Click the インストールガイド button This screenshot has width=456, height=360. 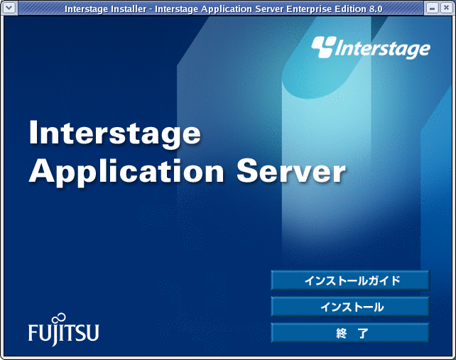click(x=350, y=280)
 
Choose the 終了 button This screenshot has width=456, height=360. click(x=350, y=333)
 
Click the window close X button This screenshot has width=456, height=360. click(x=446, y=8)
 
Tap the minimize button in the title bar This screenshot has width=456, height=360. click(x=432, y=8)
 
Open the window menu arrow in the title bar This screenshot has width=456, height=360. click(x=9, y=8)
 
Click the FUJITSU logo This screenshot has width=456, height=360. click(x=64, y=330)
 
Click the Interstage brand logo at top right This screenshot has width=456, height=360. click(x=371, y=48)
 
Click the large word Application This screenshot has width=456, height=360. click(x=126, y=172)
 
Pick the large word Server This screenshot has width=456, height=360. click(x=291, y=171)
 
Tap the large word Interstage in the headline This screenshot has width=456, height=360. click(x=115, y=133)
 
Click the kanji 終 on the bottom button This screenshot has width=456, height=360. click(x=342, y=333)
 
